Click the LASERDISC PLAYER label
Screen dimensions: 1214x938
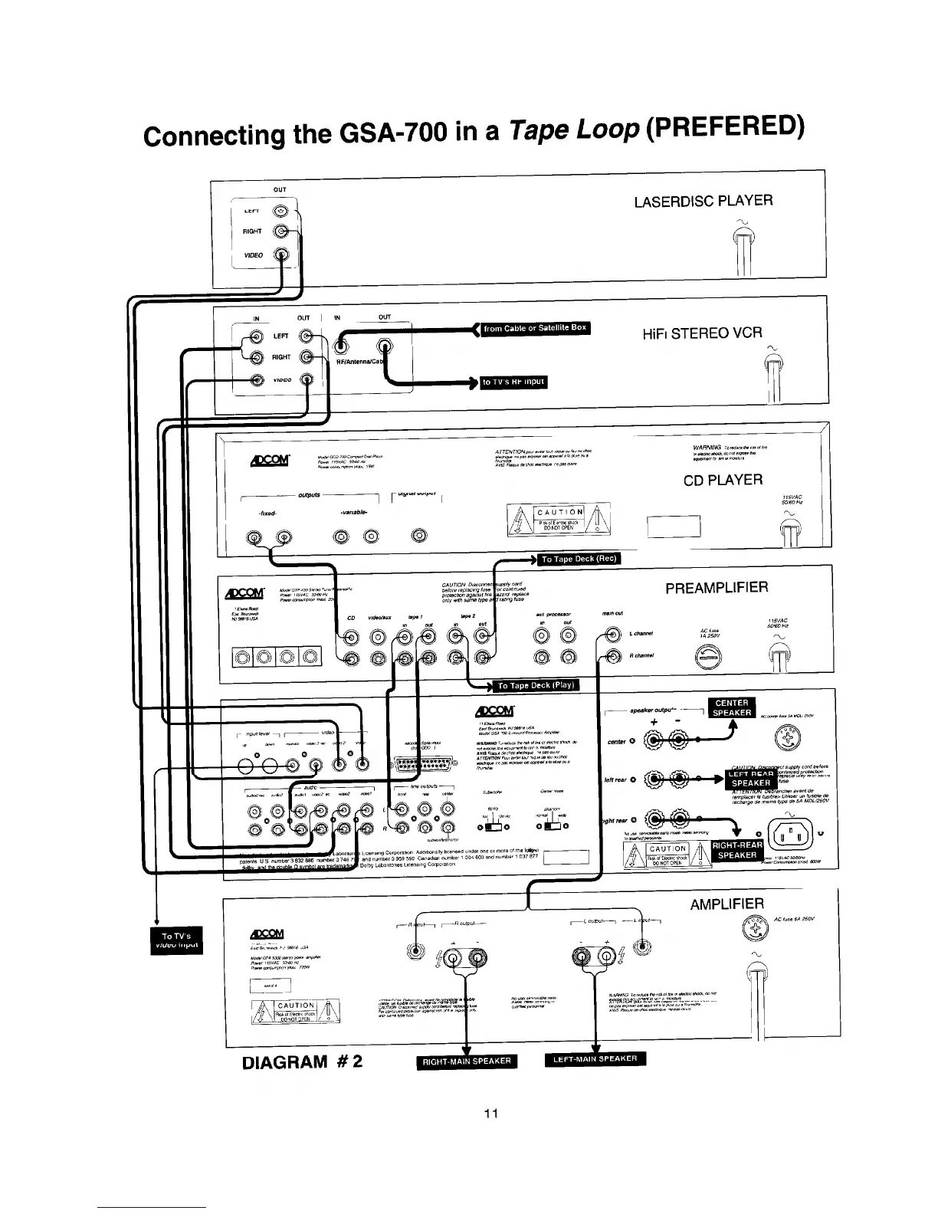pyautogui.click(x=703, y=201)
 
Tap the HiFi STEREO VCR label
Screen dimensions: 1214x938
pyautogui.click(x=703, y=333)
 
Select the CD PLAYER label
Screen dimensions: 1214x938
pyautogui.click(x=723, y=481)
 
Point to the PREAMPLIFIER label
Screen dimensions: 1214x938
pyautogui.click(x=716, y=588)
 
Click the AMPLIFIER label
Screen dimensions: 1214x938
pyautogui.click(x=726, y=904)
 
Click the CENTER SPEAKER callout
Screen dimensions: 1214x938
pyautogui.click(x=732, y=707)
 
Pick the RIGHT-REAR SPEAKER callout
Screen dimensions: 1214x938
pyautogui.click(x=737, y=850)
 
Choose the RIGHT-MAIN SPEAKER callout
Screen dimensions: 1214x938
pyautogui.click(x=467, y=1061)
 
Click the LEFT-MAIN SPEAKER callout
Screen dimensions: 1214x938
pyautogui.click(x=595, y=1059)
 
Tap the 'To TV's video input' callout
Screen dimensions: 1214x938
pyautogui.click(x=177, y=940)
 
